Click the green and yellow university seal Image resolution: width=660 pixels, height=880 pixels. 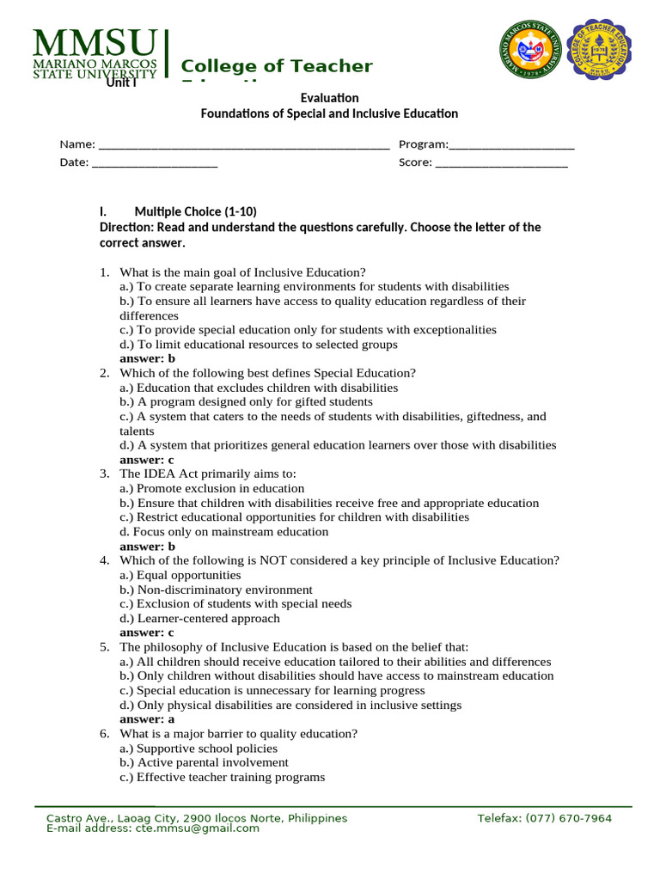534,50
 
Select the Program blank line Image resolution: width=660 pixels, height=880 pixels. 511,144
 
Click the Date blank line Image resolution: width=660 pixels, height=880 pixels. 154,162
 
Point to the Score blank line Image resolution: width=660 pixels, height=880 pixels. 501,162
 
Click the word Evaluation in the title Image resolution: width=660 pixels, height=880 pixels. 329,98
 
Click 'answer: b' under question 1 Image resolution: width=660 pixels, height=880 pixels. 147,358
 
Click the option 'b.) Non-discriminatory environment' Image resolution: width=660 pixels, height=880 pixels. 216,590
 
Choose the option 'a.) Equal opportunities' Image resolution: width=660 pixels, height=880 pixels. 180,575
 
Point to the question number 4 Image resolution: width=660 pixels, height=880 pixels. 103,560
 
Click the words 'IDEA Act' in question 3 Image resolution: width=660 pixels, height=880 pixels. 166,474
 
